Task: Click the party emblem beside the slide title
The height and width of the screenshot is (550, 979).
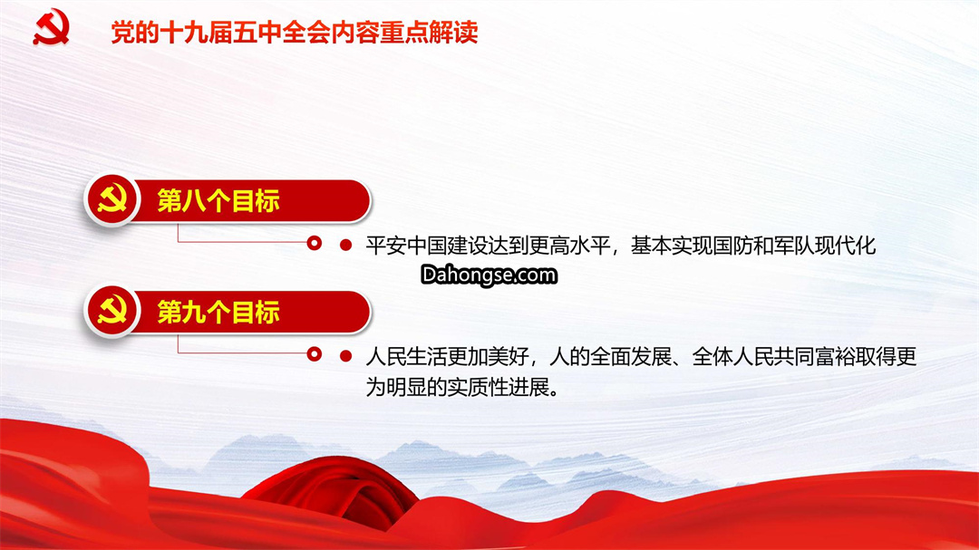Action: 51,27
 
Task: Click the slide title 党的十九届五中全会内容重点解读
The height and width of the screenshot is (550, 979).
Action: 295,33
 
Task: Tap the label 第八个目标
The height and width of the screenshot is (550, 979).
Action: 218,201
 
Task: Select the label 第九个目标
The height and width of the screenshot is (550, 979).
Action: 218,312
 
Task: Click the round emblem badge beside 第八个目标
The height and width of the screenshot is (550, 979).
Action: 112,199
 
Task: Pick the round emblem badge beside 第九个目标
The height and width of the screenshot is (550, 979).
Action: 112,311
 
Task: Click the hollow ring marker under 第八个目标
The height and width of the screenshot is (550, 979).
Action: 314,243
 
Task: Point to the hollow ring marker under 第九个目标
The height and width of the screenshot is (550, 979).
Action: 314,354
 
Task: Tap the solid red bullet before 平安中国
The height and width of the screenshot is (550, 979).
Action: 345,246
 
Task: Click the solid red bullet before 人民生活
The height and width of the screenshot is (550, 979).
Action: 345,356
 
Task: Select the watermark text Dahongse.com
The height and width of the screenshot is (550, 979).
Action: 489,275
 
